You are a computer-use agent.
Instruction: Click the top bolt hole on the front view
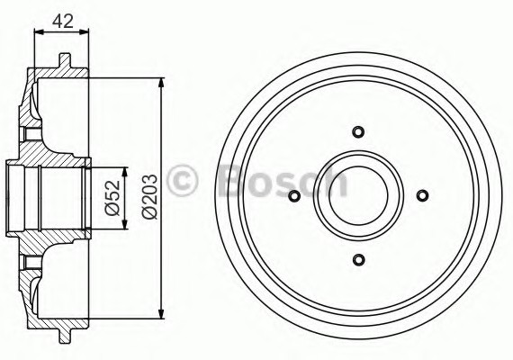pyautogui.click(x=358, y=131)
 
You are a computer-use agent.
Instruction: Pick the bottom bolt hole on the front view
pyautogui.click(x=358, y=261)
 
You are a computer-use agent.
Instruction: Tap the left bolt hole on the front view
pyautogui.click(x=293, y=196)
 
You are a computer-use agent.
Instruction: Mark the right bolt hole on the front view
pyautogui.click(x=423, y=196)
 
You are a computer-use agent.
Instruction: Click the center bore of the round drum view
pyautogui.click(x=358, y=196)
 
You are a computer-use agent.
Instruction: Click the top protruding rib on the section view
pyautogui.click(x=65, y=60)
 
